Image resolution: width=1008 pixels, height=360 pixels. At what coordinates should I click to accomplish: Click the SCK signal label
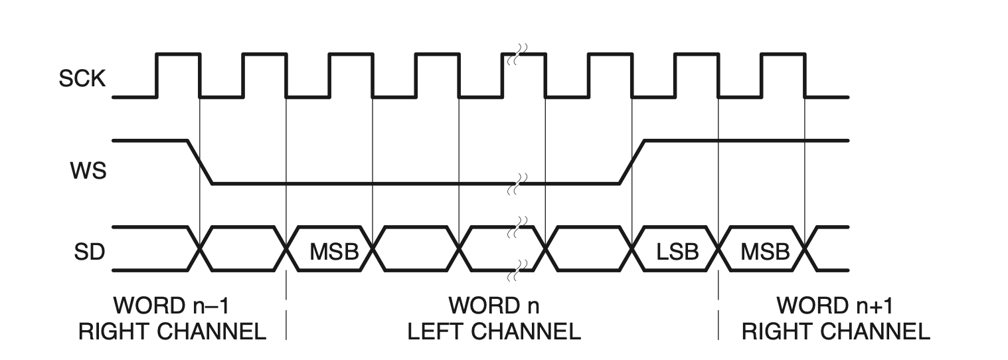(x=82, y=80)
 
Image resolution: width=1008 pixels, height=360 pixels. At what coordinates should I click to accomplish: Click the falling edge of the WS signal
(x=200, y=161)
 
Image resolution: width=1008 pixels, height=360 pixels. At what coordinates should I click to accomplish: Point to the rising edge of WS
(x=631, y=161)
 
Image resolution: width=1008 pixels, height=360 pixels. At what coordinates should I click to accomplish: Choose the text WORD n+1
(x=835, y=307)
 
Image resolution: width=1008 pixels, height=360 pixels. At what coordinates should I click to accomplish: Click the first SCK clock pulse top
(x=178, y=54)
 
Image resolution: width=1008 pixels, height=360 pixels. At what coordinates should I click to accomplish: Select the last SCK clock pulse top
(x=783, y=54)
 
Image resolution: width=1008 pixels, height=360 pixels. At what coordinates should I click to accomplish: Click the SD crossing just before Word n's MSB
(x=287, y=249)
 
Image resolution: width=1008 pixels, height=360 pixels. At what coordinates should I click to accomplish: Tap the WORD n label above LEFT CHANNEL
(x=494, y=307)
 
